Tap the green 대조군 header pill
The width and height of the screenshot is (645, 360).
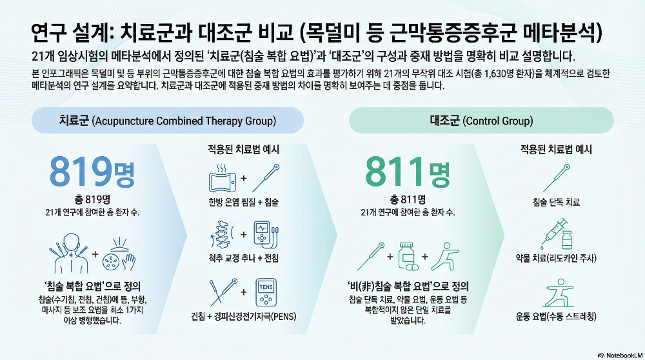click(481, 121)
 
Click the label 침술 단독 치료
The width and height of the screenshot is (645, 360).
click(556, 203)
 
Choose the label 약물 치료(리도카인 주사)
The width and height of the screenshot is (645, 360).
click(556, 259)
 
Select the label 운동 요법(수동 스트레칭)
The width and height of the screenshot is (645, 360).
click(556, 316)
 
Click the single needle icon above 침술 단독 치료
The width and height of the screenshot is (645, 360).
click(556, 176)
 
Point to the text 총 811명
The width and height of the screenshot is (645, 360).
click(407, 199)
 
